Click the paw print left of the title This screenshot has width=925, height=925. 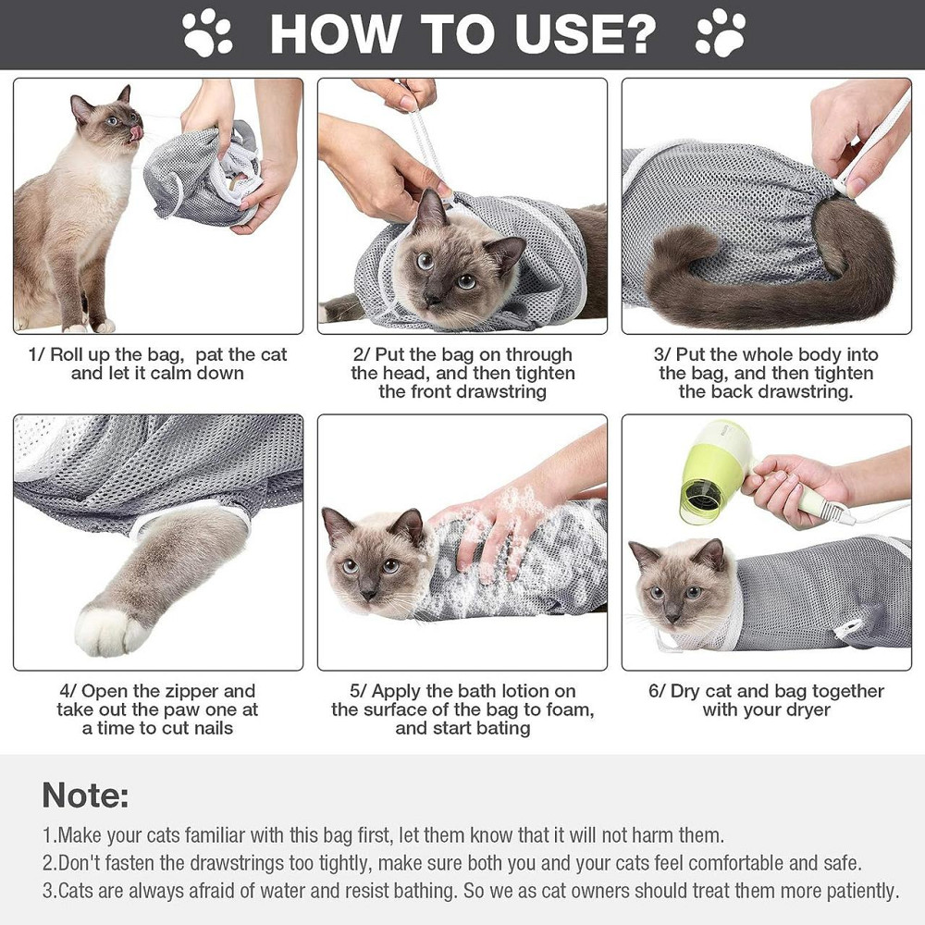206,33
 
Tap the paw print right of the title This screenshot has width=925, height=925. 721,33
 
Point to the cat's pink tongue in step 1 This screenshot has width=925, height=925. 137,131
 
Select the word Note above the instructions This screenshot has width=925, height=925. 85,795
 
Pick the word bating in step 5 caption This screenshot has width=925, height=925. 503,728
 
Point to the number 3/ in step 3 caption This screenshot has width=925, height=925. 662,354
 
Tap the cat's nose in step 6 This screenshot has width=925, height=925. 673,617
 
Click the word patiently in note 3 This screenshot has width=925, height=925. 862,891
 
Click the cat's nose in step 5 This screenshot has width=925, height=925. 369,593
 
